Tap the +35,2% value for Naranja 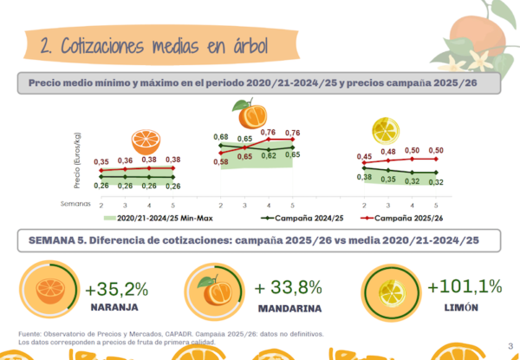point(117,289)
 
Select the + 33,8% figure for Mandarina point(290,287)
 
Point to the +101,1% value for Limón point(465,286)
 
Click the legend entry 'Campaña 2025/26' point(406,218)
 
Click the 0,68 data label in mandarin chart point(221,137)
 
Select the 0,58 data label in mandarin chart point(221,162)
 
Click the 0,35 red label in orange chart point(101,161)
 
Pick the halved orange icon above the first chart point(145,141)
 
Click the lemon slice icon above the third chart point(384,130)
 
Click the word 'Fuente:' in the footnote point(29,334)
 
